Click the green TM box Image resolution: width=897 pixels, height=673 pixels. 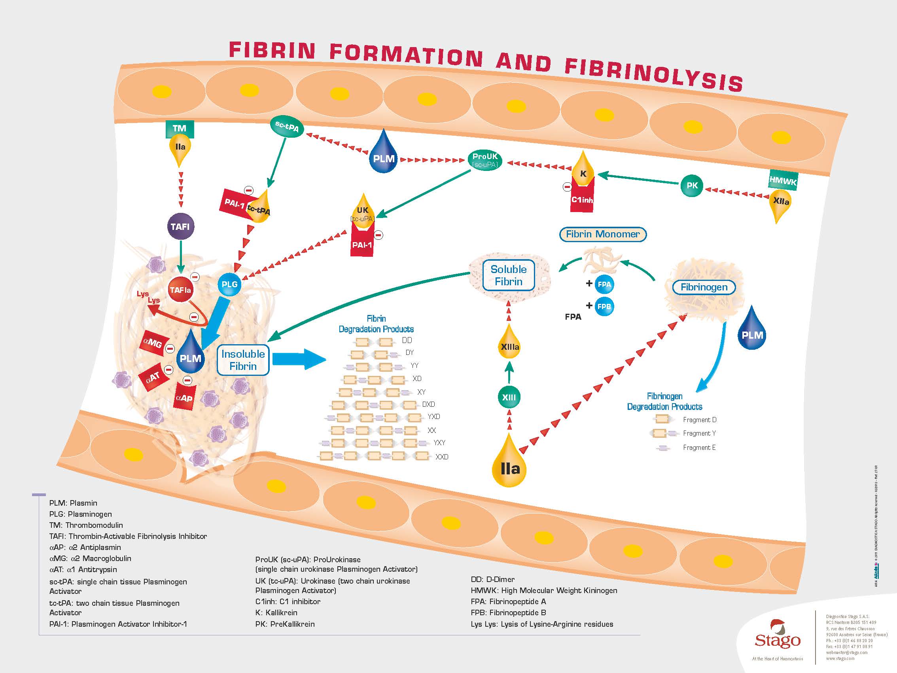[179, 129]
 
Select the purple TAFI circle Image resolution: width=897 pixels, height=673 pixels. [180, 226]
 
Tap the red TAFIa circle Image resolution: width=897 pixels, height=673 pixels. [180, 290]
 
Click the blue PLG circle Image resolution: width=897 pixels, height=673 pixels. [229, 284]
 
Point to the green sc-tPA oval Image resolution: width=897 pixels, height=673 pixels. [287, 127]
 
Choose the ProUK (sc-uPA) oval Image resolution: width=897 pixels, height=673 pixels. [485, 160]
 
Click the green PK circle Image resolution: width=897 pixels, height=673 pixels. [691, 186]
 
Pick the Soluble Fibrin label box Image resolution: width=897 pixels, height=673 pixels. [509, 275]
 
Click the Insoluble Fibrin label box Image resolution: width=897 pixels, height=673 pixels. [243, 360]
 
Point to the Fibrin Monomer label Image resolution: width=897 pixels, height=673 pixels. [603, 234]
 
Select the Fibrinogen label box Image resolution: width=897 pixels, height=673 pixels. [704, 287]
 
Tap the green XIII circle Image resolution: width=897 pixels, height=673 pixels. [509, 398]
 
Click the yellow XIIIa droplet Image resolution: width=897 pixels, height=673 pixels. [509, 346]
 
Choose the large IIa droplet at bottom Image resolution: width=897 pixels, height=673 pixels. [509, 466]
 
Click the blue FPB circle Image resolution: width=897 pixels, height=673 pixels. [604, 307]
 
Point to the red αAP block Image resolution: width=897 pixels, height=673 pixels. [184, 398]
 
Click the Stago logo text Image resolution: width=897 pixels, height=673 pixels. [778, 640]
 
